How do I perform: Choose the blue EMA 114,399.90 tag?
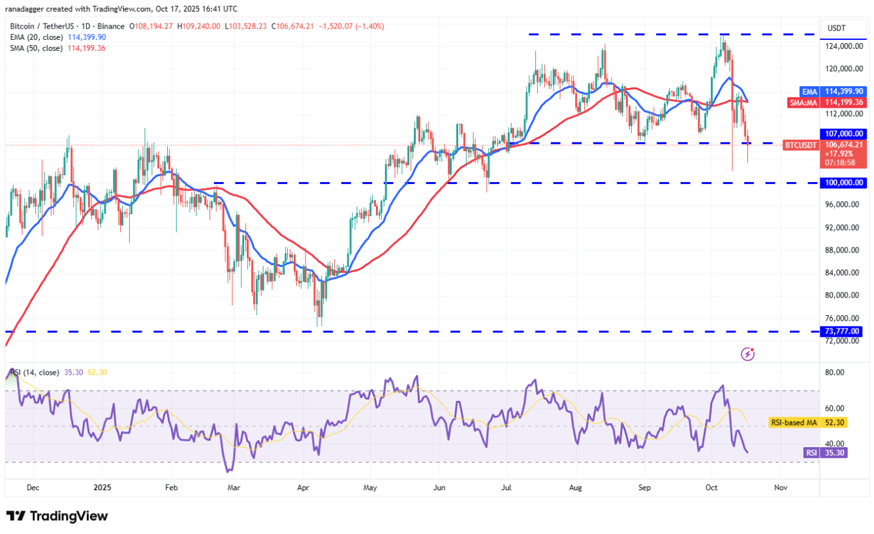click(x=824, y=92)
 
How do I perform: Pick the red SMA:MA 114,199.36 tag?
click(x=824, y=102)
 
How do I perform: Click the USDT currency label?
click(x=836, y=27)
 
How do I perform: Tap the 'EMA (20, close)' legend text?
click(x=36, y=37)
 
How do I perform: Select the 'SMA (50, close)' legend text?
click(x=36, y=48)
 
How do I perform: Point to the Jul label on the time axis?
click(x=507, y=487)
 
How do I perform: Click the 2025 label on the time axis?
click(x=103, y=487)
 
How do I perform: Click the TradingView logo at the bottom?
click(x=57, y=516)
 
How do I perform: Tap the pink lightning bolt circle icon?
click(x=748, y=354)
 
